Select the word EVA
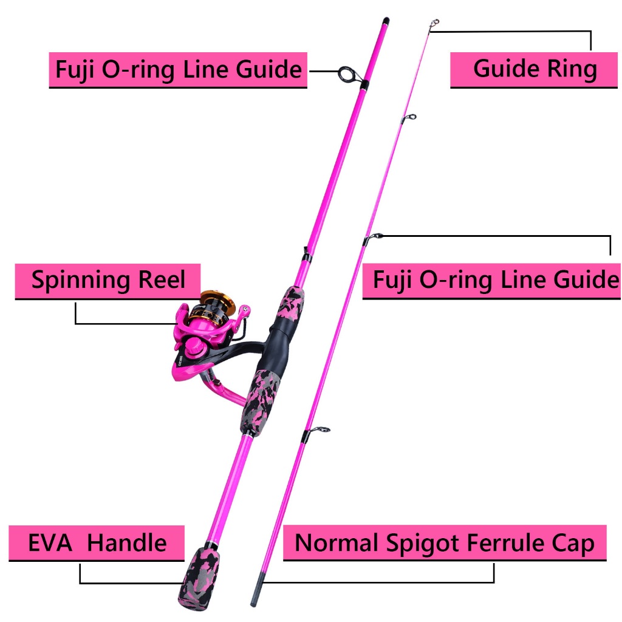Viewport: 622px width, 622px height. click(50, 542)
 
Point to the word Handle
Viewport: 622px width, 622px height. click(127, 542)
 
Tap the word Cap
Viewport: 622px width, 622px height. click(576, 544)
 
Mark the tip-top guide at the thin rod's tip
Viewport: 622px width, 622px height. click(434, 24)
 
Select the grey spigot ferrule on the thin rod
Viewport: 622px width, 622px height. click(257, 589)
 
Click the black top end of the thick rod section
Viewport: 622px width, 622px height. click(386, 21)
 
